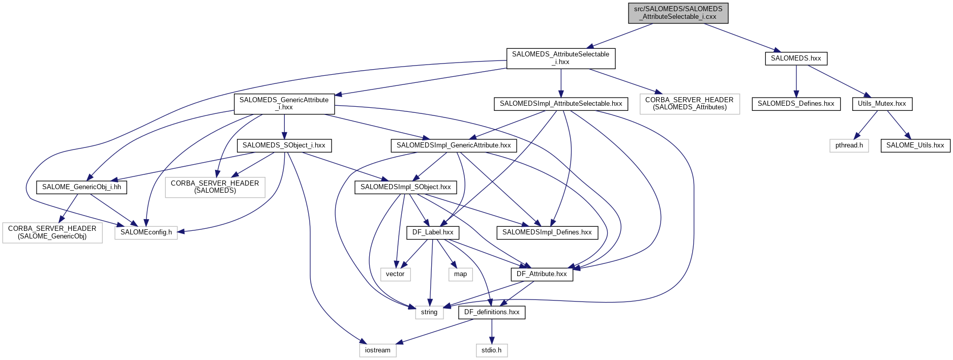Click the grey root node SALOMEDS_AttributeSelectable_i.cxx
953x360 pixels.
tap(678, 13)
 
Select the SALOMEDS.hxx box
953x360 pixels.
tap(796, 58)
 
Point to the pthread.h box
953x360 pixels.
tap(849, 145)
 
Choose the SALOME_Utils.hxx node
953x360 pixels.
tap(915, 145)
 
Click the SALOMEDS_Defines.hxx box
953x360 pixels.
tap(796, 104)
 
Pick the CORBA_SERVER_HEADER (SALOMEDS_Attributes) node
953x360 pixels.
tap(689, 104)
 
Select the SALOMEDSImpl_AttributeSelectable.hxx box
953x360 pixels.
tap(561, 104)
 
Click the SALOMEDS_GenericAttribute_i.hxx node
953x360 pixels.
tap(284, 104)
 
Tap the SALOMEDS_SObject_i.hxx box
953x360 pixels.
tap(284, 145)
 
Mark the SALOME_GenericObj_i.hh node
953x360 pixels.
tap(81, 187)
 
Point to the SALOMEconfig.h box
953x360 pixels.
tap(146, 232)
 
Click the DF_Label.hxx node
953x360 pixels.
tap(433, 232)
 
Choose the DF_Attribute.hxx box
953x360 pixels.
tap(542, 274)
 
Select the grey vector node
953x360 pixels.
tap(395, 274)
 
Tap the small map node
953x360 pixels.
tap(460, 274)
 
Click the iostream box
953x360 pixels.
tap(377, 350)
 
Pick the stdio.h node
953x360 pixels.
tap(491, 350)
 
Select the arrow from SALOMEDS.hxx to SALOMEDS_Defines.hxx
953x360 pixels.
tap(796, 81)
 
